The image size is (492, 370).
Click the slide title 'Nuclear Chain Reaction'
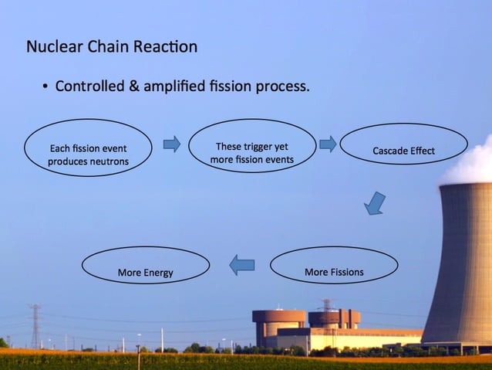tap(112, 47)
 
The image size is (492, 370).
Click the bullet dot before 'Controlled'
tap(45, 87)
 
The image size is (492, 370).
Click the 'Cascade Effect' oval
tap(403, 144)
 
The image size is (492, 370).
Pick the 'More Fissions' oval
tap(334, 266)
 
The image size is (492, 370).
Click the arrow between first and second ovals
tap(171, 144)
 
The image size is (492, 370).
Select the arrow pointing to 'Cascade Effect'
tap(328, 144)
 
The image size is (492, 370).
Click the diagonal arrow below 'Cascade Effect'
tap(375, 204)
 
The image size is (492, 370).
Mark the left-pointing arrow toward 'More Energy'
tap(242, 266)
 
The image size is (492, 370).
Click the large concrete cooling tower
tap(462, 263)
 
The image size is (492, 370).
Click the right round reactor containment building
tap(334, 317)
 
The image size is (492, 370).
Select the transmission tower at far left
tap(35, 324)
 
